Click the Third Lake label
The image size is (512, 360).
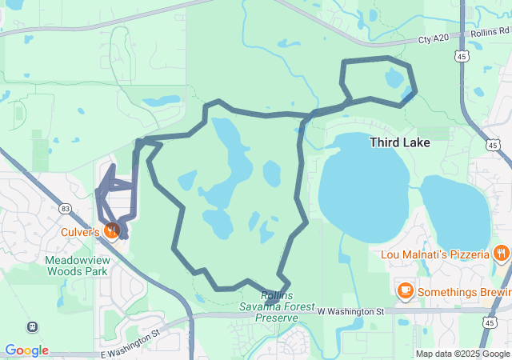399,142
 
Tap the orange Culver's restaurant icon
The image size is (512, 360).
112,231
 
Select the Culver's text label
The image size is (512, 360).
80,232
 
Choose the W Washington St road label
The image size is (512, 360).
351,311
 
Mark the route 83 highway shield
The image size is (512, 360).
65,208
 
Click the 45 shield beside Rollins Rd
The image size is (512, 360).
462,56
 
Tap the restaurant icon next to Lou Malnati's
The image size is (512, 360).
502,254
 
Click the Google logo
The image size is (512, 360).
26,350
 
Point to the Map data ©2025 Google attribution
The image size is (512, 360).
462,354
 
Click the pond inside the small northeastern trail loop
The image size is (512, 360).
394,78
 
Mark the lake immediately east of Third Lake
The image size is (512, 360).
454,210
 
